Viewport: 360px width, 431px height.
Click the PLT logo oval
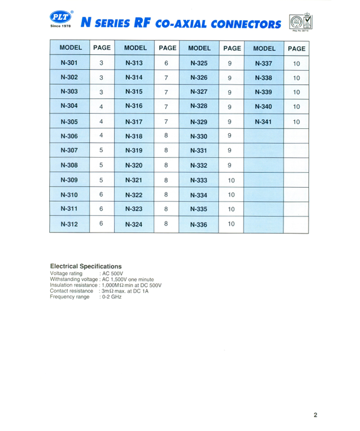click(60, 17)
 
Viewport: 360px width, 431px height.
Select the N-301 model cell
click(69, 63)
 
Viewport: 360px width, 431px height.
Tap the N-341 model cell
click(263, 122)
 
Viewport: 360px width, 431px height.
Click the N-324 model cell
click(134, 224)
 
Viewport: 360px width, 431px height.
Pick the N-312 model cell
click(69, 224)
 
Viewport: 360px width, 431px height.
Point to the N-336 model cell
click(199, 224)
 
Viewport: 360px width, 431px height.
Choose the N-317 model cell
click(134, 122)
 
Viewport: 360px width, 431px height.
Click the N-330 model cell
click(199, 136)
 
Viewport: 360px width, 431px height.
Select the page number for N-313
click(166, 63)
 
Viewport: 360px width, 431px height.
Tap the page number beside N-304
click(101, 107)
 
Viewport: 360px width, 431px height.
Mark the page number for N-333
click(232, 181)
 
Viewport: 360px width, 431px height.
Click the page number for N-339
click(296, 92)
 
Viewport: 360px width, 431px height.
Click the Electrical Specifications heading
click(86, 266)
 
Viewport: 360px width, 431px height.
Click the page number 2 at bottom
click(315, 415)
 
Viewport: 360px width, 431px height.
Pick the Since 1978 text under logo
click(60, 26)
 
